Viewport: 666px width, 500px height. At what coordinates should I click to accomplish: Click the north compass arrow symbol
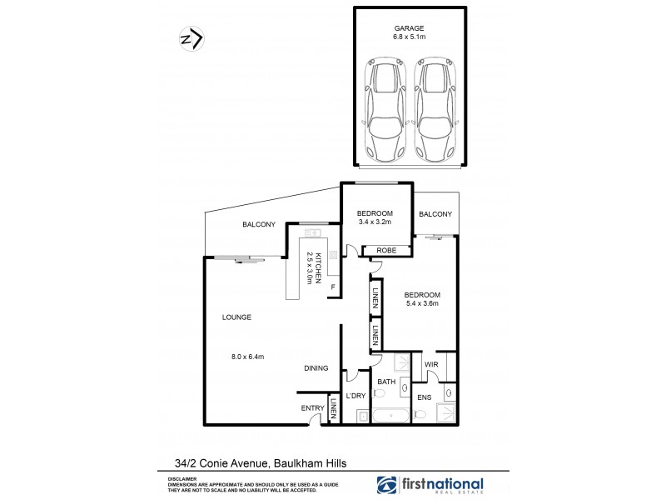tap(191, 40)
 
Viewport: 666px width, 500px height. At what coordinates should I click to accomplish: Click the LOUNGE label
tap(236, 317)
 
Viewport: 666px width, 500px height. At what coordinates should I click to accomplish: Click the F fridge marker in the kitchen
tap(333, 288)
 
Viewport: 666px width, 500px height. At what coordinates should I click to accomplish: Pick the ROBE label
tap(385, 250)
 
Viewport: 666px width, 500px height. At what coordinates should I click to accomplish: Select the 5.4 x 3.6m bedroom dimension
tap(421, 304)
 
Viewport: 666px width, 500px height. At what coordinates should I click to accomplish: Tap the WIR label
tap(431, 364)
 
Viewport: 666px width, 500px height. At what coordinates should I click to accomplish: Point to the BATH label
tap(386, 382)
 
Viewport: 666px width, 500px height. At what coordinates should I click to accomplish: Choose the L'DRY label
tap(356, 396)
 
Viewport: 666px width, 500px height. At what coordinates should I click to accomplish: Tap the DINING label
tap(316, 368)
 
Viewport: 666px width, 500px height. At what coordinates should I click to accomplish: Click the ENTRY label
tap(313, 407)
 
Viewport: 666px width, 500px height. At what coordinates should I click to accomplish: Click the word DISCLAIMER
tap(181, 479)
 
